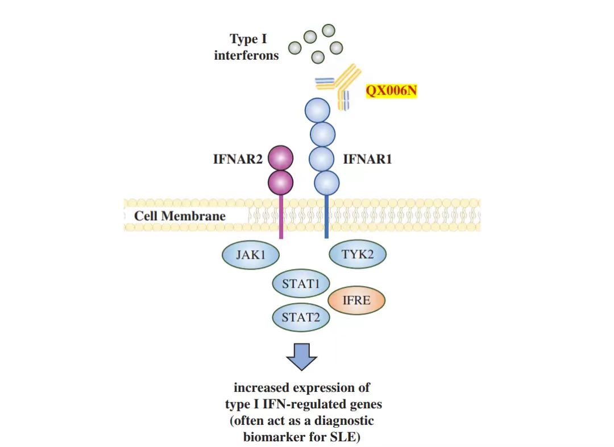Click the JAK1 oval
pyautogui.click(x=250, y=254)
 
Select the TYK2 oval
pyautogui.click(x=358, y=254)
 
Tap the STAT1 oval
pyautogui.click(x=301, y=283)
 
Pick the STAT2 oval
pyautogui.click(x=301, y=317)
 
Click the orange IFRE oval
pyautogui.click(x=356, y=300)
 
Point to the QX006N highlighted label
pyautogui.click(x=391, y=90)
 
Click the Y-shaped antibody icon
pyautogui.click(x=341, y=85)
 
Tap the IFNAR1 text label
pyautogui.click(x=367, y=159)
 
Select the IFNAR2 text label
pyautogui.click(x=238, y=159)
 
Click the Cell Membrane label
pyautogui.click(x=180, y=216)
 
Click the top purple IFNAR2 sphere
pyautogui.click(x=280, y=158)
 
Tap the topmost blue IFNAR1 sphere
pyautogui.click(x=317, y=110)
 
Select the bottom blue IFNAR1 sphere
pyautogui.click(x=326, y=182)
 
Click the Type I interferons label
pyautogui.click(x=247, y=48)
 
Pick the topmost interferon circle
pyautogui.click(x=329, y=30)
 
